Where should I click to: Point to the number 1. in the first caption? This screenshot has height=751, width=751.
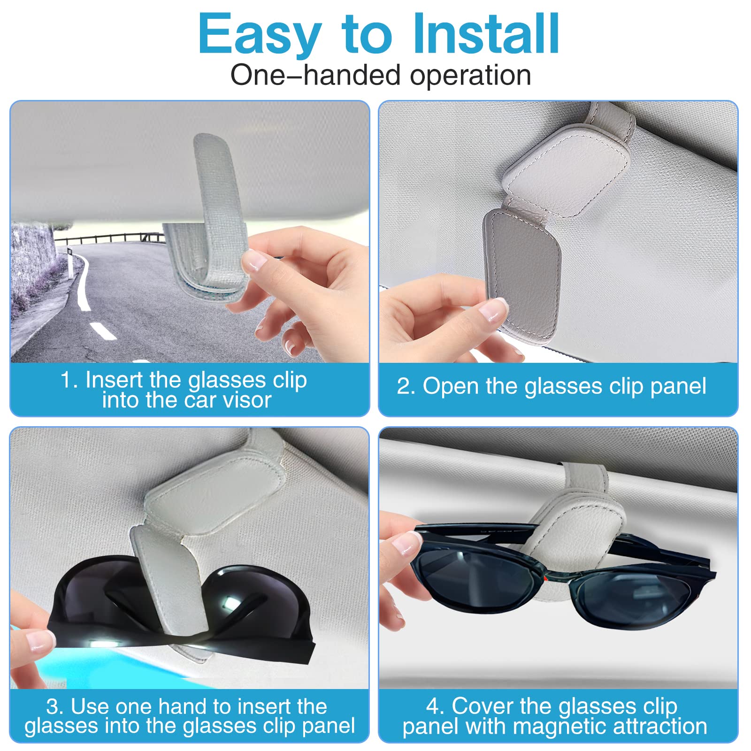69,380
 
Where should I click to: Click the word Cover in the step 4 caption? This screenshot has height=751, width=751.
483,706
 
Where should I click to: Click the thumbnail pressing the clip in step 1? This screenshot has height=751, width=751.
255,261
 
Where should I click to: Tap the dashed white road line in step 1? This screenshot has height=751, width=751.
103,331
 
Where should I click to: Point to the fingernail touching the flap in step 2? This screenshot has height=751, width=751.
492,310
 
